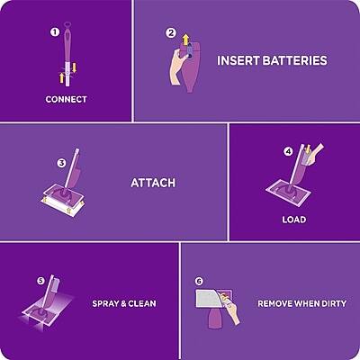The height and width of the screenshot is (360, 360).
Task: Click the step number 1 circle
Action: (x=56, y=32)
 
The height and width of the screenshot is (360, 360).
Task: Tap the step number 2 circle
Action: (x=171, y=33)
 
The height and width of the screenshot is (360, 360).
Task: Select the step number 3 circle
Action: (x=61, y=163)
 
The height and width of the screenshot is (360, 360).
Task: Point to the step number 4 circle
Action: (x=288, y=151)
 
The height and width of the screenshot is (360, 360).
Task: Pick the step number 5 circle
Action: (x=40, y=281)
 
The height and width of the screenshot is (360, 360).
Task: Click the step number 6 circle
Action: (x=199, y=281)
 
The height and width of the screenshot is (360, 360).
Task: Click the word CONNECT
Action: (x=66, y=99)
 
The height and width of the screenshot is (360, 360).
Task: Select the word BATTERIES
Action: (x=296, y=61)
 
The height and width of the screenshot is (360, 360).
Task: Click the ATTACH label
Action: (x=153, y=183)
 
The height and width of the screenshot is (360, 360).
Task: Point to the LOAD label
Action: (x=293, y=219)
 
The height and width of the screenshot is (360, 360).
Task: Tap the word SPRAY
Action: (x=106, y=303)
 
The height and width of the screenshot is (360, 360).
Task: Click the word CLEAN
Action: (x=141, y=303)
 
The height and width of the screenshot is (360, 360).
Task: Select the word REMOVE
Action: (x=276, y=303)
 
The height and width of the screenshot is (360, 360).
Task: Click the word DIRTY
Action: (x=333, y=303)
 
